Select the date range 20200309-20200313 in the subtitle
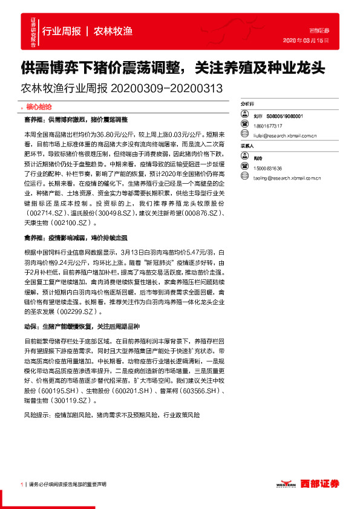(x=167, y=88)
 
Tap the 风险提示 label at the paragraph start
(x=37, y=417)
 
